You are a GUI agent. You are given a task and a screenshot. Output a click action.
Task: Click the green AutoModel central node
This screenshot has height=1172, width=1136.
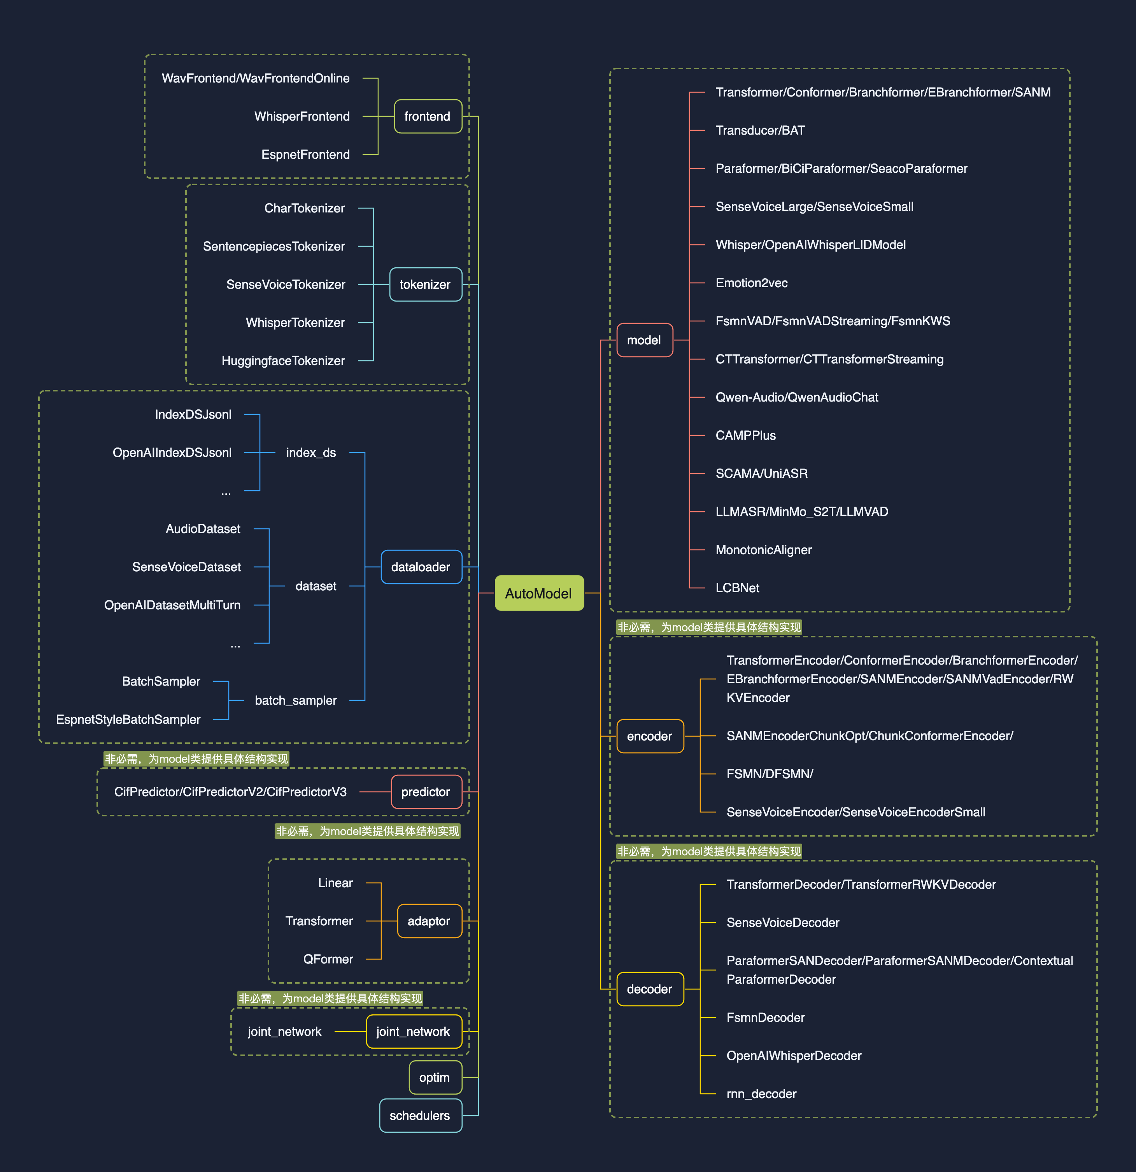pos(539,593)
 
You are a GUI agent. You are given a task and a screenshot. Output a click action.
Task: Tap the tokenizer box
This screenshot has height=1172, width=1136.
pos(425,284)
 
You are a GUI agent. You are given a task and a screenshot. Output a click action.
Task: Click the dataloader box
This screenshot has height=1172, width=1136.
pos(421,567)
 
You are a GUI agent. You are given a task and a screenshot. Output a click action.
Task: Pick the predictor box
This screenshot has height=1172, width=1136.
pos(426,792)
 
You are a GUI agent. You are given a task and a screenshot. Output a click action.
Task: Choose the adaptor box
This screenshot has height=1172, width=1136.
pos(429,921)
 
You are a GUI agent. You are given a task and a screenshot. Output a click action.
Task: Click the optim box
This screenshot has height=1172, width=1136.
pos(435,1077)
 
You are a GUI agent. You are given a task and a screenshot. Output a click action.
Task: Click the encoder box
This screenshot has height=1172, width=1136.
pos(650,736)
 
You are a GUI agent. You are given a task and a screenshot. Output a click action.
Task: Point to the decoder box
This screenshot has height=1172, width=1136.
pos(650,989)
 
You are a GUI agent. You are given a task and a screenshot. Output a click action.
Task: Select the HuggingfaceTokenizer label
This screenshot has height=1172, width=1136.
pos(283,361)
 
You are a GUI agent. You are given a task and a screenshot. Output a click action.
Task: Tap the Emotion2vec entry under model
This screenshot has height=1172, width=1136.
pos(752,283)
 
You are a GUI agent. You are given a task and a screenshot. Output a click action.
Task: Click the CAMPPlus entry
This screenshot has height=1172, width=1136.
pos(745,435)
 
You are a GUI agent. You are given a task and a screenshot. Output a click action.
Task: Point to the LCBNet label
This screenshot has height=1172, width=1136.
pos(737,588)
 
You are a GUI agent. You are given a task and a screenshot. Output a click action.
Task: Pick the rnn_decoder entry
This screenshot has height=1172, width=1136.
pos(761,1094)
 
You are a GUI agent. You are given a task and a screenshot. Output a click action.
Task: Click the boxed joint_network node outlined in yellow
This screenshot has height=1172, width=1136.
pos(413,1032)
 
